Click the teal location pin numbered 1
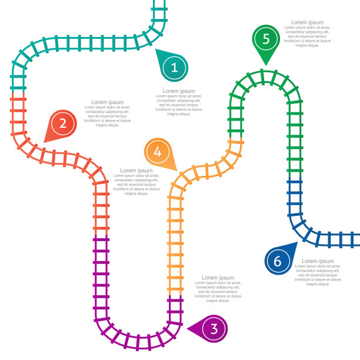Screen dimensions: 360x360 [174, 67]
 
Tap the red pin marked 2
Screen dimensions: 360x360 [62, 124]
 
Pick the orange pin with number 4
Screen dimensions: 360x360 [158, 152]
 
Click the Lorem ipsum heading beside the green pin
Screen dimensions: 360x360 [307, 22]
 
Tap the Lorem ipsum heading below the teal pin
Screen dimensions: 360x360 [179, 91]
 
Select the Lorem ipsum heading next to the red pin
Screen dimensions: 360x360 [108, 102]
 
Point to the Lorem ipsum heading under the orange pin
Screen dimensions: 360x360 [136, 171]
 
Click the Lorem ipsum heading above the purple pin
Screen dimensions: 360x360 [218, 278]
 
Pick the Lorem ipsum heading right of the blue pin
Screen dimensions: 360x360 [318, 261]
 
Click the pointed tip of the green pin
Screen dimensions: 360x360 [266, 65]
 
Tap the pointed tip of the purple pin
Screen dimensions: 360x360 [187, 329]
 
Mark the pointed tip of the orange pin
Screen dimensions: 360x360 [177, 171]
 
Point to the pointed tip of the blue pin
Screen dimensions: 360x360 [297, 242]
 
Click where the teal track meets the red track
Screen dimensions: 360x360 [18, 92]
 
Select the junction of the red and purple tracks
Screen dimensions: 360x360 [101, 235]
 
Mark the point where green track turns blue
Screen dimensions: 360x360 [295, 177]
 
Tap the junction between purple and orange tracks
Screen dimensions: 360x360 [175, 295]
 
